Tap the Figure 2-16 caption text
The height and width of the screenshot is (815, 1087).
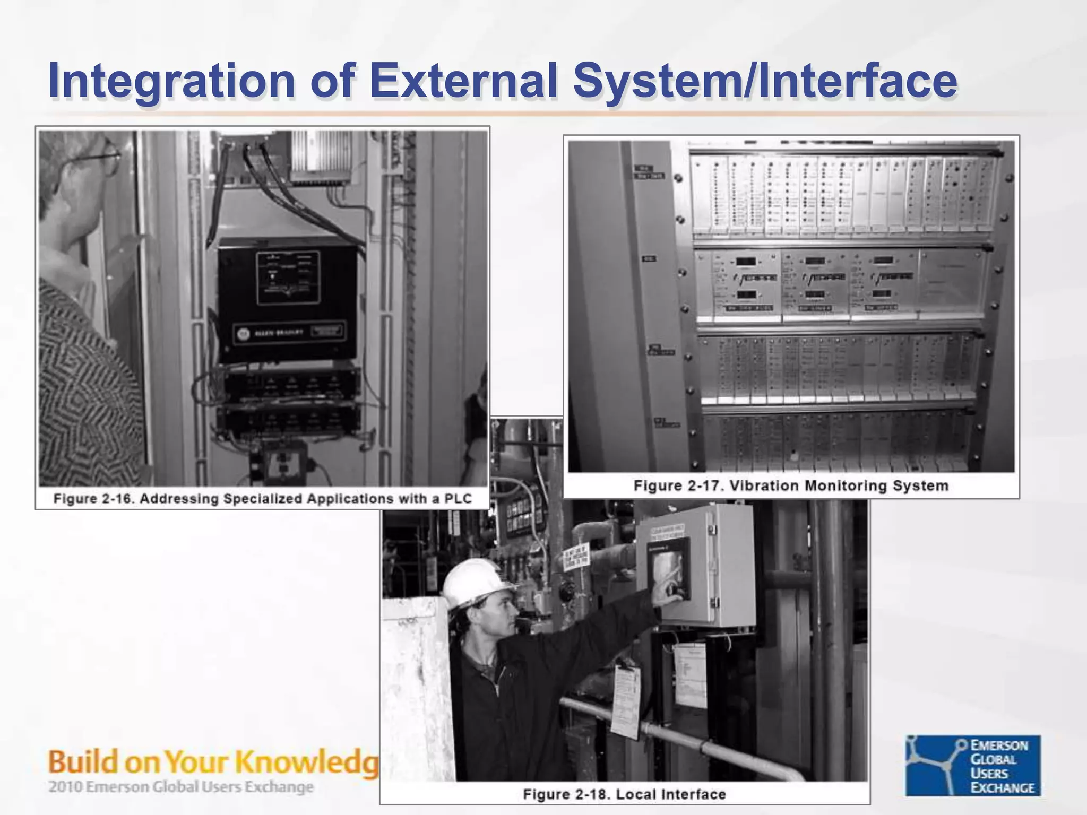click(x=262, y=499)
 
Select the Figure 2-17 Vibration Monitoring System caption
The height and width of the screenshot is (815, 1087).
click(x=791, y=485)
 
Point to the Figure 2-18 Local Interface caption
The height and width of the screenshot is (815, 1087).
click(x=624, y=794)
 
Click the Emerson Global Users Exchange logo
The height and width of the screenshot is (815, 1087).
click(x=972, y=765)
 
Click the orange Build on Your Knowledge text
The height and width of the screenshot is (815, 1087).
click(x=212, y=762)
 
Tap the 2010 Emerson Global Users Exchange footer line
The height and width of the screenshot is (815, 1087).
click(x=180, y=787)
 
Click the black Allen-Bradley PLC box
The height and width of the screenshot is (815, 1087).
click(x=288, y=300)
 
